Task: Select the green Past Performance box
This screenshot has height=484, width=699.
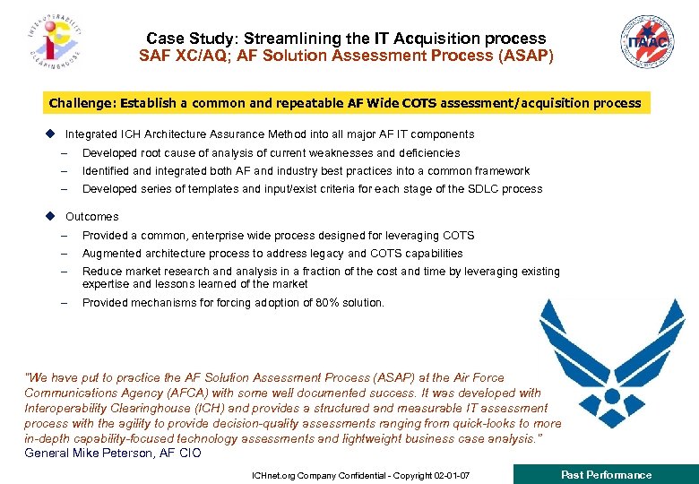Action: pos(606,474)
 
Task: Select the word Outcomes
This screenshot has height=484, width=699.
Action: pos(91,217)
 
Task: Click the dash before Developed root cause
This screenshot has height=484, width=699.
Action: pos(65,153)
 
